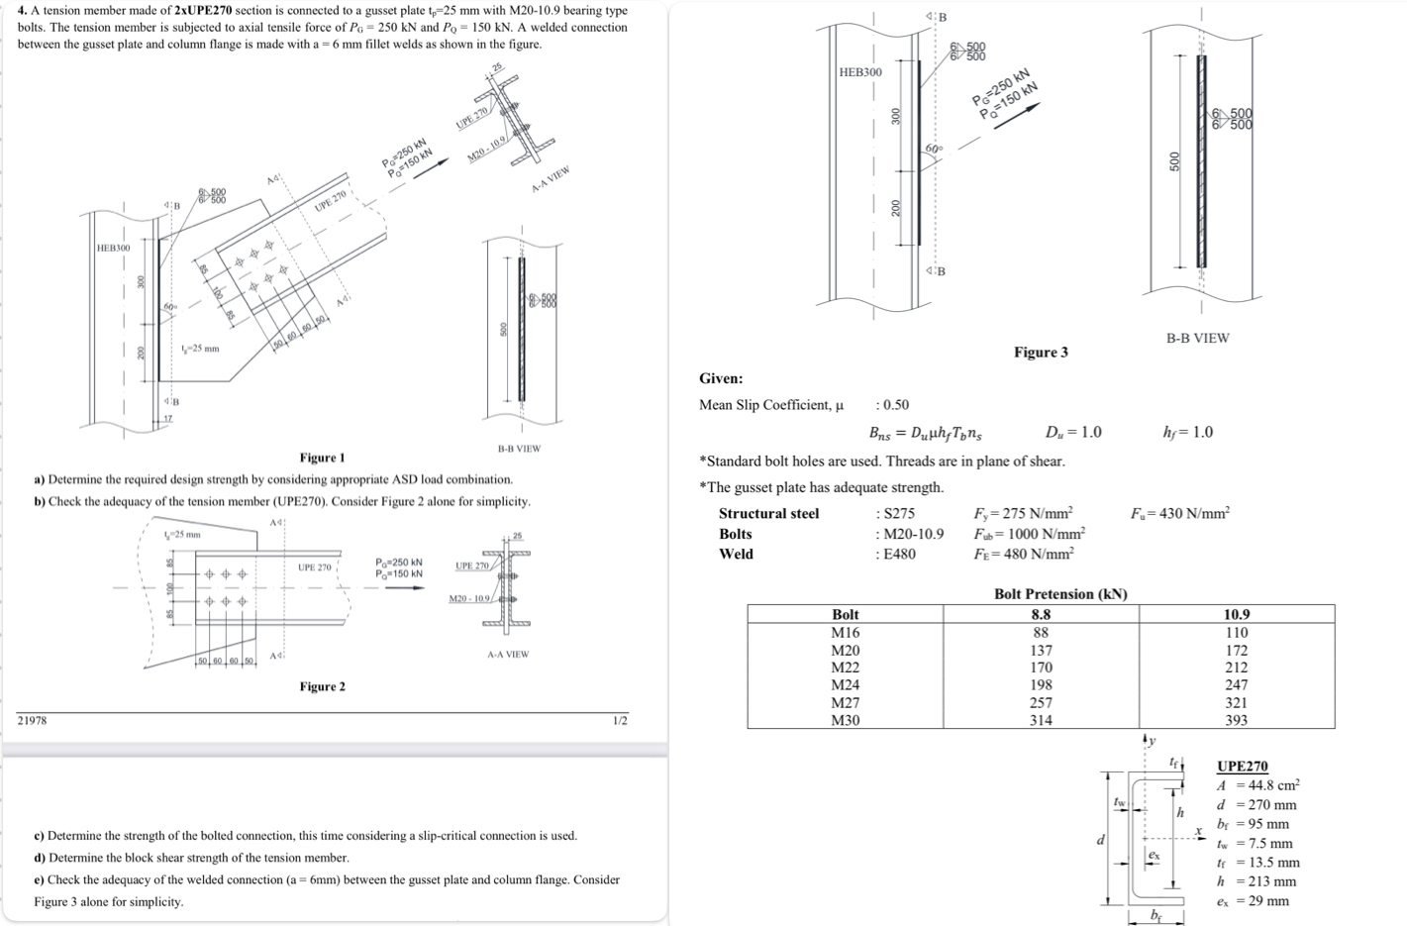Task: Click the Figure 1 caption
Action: click(x=322, y=458)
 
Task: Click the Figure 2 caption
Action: click(x=322, y=686)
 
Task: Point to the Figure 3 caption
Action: click(x=1040, y=353)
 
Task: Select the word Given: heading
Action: click(x=721, y=378)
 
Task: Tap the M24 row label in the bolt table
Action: click(x=845, y=684)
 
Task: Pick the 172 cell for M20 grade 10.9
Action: click(x=1236, y=651)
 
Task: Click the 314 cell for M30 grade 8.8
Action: click(x=1040, y=720)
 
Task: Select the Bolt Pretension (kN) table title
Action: click(x=1059, y=594)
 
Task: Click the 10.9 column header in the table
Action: click(x=1236, y=614)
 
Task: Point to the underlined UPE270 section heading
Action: click(x=1242, y=767)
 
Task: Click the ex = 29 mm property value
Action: click(x=1253, y=900)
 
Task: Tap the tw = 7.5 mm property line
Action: click(x=1255, y=844)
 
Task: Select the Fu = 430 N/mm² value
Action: click(x=1179, y=513)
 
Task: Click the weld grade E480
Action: click(x=895, y=554)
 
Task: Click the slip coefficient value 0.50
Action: click(x=894, y=405)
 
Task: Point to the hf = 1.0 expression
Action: click(x=1187, y=432)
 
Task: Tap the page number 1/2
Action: click(x=619, y=720)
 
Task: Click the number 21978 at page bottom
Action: click(x=33, y=720)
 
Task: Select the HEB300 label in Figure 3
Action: click(x=859, y=72)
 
